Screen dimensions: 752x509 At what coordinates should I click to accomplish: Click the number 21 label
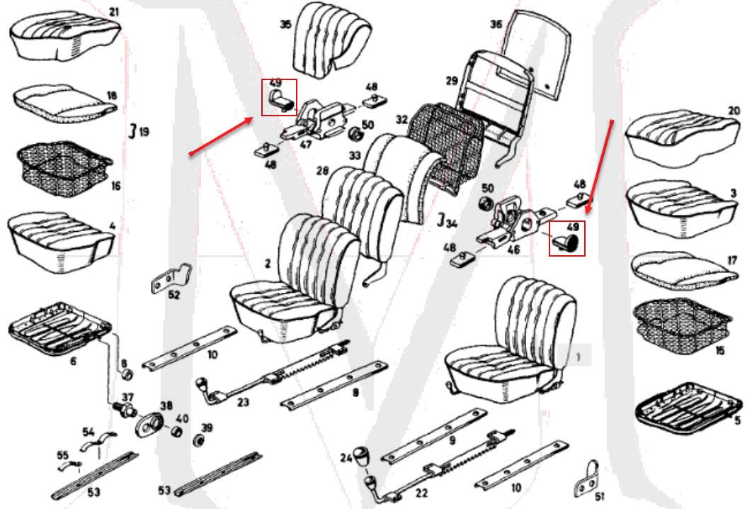coord(114,11)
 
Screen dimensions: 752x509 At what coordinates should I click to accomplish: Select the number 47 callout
coord(305,144)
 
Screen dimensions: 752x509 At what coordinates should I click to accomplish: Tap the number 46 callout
coord(513,250)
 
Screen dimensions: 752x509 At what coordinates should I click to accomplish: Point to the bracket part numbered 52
coord(171,278)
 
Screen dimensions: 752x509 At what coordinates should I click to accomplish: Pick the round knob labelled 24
coord(364,454)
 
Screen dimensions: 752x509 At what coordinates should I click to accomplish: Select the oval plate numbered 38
coord(149,425)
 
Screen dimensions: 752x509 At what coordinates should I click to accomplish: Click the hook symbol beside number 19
coord(133,130)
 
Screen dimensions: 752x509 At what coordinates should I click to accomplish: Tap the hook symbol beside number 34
coord(440,220)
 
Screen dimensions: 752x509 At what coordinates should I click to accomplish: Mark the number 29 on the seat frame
coord(452,80)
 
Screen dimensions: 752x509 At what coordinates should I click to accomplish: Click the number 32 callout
coord(402,119)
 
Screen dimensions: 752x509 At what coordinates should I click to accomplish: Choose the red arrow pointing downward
coord(600,166)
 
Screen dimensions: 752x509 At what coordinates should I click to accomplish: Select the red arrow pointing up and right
coord(221,135)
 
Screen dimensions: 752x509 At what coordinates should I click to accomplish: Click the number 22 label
coord(421,493)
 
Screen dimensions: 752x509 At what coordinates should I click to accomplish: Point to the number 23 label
coord(243,401)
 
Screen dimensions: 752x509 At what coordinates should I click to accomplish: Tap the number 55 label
coord(63,454)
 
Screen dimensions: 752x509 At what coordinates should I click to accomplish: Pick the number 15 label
coord(719,350)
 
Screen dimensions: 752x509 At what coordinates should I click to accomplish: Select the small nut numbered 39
coord(196,440)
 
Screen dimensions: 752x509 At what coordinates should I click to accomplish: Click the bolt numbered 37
coord(125,410)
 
